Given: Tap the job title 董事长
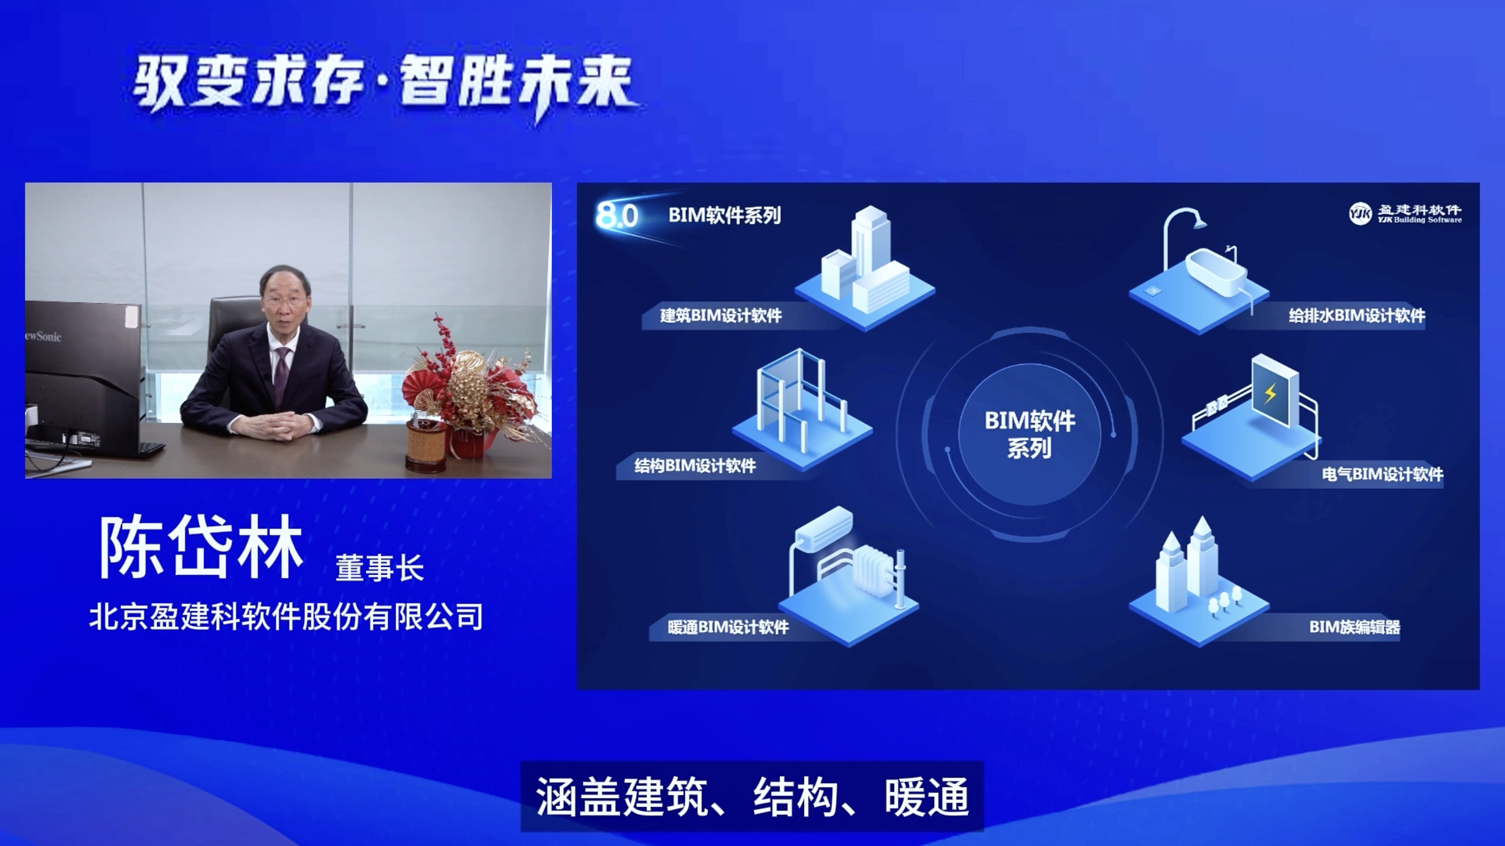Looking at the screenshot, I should [379, 568].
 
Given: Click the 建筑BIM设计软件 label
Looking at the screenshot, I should [720, 316].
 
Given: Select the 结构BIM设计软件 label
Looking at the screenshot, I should [695, 466].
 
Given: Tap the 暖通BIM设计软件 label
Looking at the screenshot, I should [728, 627].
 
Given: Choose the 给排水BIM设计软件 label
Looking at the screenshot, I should [1357, 316].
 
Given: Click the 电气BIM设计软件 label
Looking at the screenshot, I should [1382, 474].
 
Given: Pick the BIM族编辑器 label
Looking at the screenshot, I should [1354, 627].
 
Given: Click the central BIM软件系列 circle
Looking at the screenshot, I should [1029, 434].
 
